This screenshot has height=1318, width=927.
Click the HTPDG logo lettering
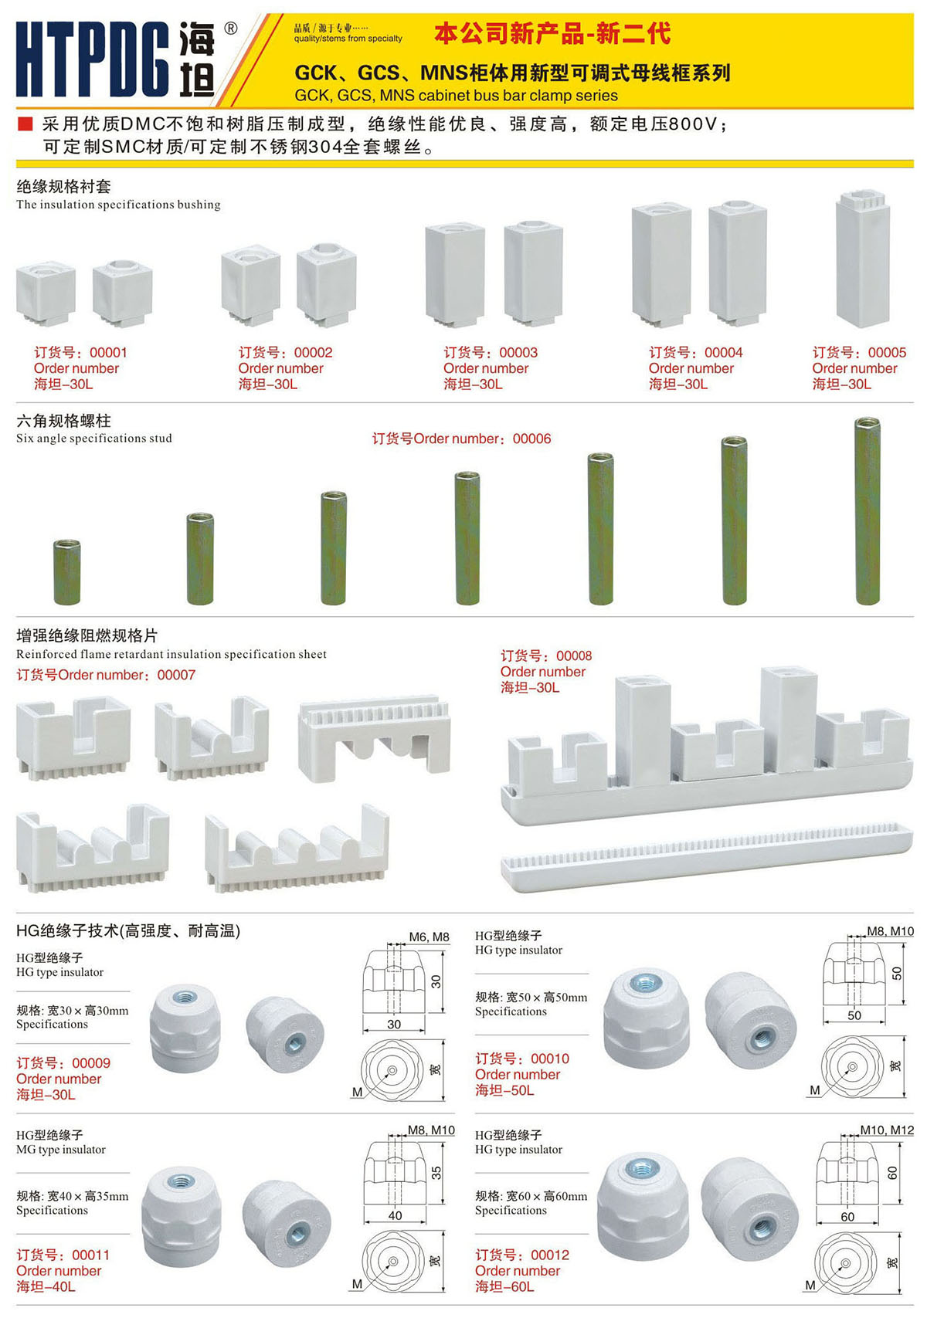(x=93, y=59)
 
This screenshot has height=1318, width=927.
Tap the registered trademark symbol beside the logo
(x=231, y=29)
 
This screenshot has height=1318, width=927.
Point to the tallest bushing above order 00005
(x=863, y=259)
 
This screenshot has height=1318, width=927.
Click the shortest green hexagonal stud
(x=67, y=571)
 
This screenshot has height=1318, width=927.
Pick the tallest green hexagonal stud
(x=868, y=510)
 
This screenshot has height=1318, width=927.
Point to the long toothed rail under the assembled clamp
(x=707, y=857)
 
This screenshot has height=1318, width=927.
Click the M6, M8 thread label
(x=429, y=937)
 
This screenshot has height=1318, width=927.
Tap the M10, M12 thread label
(x=887, y=1130)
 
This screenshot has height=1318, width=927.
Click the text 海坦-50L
(x=504, y=1090)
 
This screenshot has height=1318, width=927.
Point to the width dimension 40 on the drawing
(x=395, y=1215)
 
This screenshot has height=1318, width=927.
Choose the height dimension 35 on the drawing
(x=436, y=1174)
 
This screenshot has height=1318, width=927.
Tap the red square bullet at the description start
(x=25, y=124)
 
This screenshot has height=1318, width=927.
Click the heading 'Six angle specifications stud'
(x=94, y=439)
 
